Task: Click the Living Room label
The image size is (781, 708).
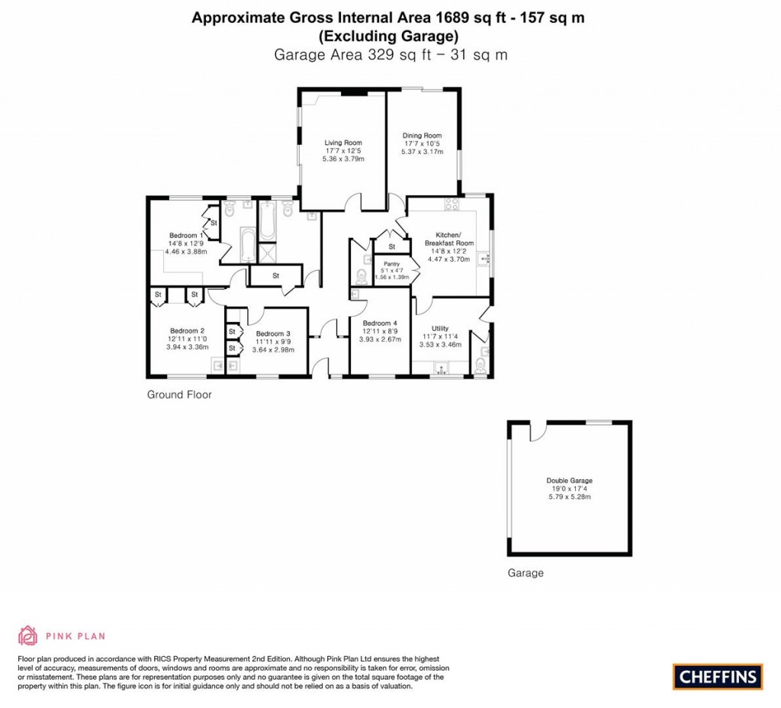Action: click(342, 143)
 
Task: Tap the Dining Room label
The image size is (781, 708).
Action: click(422, 136)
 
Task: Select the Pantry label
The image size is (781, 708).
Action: click(391, 264)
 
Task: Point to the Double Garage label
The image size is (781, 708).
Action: click(569, 481)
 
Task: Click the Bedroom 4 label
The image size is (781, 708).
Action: click(379, 323)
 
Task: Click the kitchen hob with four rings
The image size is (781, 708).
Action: click(450, 204)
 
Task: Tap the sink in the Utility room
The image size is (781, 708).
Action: click(440, 368)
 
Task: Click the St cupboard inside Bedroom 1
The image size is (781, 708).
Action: click(214, 223)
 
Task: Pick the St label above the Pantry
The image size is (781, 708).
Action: click(392, 247)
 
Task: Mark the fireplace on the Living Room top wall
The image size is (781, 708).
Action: click(352, 93)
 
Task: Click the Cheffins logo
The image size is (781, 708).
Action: click(717, 676)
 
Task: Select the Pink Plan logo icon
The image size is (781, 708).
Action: click(27, 636)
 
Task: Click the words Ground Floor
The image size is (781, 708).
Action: click(179, 395)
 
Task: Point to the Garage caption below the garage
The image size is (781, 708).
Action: click(525, 573)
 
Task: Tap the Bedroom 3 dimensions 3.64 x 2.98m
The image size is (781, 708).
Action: click(273, 350)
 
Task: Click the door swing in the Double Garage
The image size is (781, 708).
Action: click(538, 432)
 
